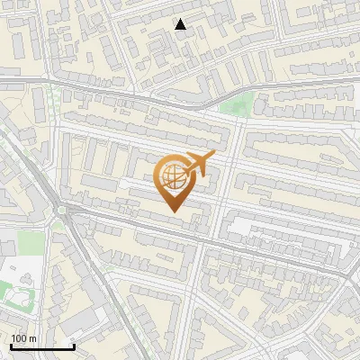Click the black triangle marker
181,24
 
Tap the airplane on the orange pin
198,165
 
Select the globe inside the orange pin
171,177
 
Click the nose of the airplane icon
214,156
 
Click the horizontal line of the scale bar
42,346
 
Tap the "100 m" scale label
23,338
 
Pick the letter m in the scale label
32,338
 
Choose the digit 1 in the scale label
14,338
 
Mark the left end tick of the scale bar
11,345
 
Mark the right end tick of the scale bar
74,345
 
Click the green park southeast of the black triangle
236,104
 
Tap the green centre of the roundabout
62,211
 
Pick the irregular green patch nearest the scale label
18,292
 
